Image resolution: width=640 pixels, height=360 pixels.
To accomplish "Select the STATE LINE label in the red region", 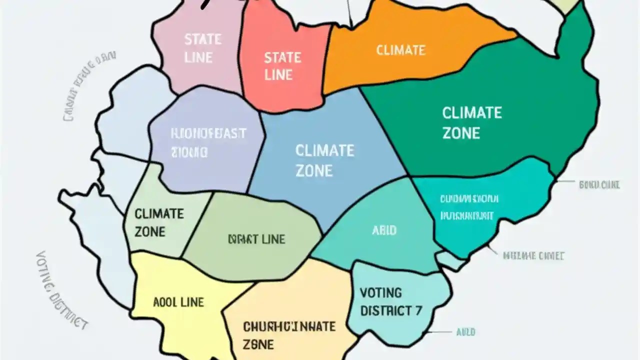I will tap(282, 66).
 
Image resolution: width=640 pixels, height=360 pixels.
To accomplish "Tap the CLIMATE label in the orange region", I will tap(400, 50).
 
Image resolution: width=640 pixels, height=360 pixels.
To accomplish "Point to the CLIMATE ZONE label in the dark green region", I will tap(471, 122).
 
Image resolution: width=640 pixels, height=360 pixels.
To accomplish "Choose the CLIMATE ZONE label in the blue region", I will tap(324, 160).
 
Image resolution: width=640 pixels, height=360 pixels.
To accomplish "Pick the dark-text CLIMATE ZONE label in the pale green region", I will tap(159, 222).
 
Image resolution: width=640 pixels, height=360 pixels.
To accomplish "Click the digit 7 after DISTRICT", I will tap(418, 310).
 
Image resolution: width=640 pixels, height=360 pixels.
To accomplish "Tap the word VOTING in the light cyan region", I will tap(380, 292).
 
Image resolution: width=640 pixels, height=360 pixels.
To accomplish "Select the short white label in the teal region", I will tap(384, 230).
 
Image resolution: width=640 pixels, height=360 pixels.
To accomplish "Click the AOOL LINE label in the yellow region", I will tap(178, 302).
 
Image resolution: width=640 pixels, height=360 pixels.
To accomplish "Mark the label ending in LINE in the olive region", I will tap(256, 239).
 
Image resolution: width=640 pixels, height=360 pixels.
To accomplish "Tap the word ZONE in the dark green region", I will tap(461, 133).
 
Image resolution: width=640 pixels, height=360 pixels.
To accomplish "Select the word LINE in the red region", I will tap(278, 75).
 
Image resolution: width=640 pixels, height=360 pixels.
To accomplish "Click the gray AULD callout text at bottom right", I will tap(465, 332).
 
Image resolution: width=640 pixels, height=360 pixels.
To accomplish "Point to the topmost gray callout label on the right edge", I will tap(599, 185).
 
